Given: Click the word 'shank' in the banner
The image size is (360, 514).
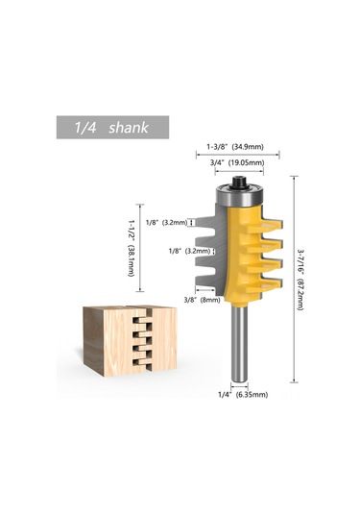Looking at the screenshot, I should click(129, 128).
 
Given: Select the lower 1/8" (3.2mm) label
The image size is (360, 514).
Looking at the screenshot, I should click(189, 252).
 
